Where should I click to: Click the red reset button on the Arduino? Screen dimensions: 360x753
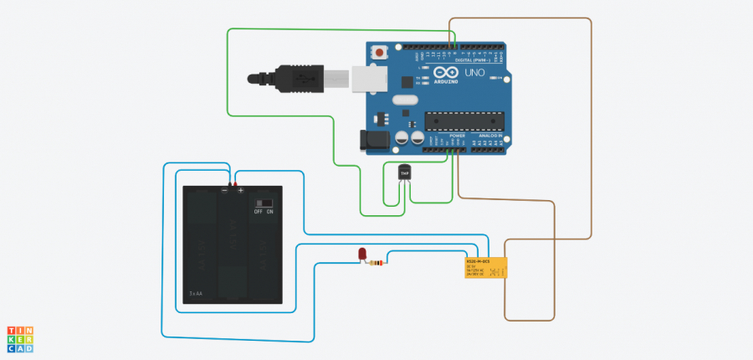[x=381, y=52]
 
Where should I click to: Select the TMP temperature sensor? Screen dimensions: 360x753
[x=406, y=172]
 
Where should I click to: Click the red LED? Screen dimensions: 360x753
[x=363, y=253]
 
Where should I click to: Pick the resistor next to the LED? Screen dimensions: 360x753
[x=377, y=264]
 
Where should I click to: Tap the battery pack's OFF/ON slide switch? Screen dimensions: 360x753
[x=265, y=203]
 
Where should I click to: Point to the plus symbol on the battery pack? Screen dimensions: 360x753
[x=240, y=191]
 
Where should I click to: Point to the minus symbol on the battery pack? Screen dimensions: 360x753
[x=224, y=191]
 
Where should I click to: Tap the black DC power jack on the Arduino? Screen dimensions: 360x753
[x=369, y=141]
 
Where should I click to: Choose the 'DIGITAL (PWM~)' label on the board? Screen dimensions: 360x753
[x=472, y=60]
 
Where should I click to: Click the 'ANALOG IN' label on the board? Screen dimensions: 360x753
[x=491, y=135]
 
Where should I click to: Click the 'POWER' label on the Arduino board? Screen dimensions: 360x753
[x=457, y=135]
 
